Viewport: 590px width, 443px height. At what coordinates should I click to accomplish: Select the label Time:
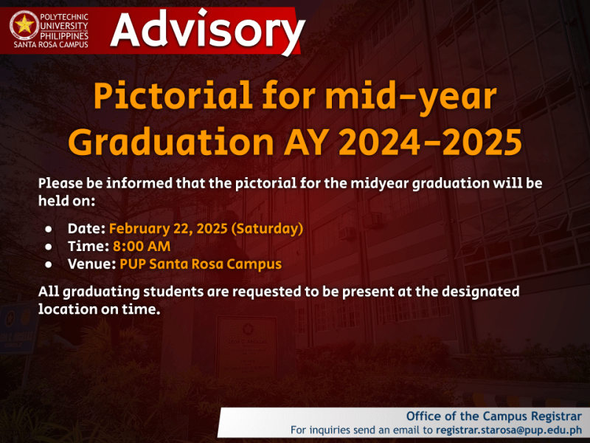coord(88,246)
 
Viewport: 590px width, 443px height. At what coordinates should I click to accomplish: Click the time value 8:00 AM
coord(141,246)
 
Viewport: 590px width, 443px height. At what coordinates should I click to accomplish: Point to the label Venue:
coord(92,264)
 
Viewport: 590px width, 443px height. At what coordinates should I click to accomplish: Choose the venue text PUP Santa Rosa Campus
coord(201,264)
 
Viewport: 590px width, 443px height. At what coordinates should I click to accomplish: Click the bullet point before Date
coord(48,229)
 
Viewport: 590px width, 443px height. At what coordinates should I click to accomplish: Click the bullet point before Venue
coord(48,264)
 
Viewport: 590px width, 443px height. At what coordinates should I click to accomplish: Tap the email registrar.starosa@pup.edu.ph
coord(509,430)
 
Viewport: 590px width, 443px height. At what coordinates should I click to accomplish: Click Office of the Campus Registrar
coord(494,415)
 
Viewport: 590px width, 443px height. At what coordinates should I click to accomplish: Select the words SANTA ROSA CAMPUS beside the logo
coord(50,44)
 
